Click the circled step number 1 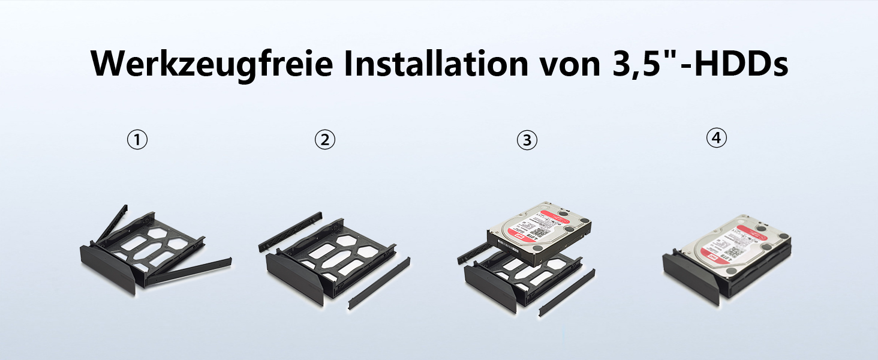pos(137,140)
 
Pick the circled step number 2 pos(324,140)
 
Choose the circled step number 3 pos(527,140)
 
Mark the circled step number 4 pos(716,139)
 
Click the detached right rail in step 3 pos(567,292)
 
